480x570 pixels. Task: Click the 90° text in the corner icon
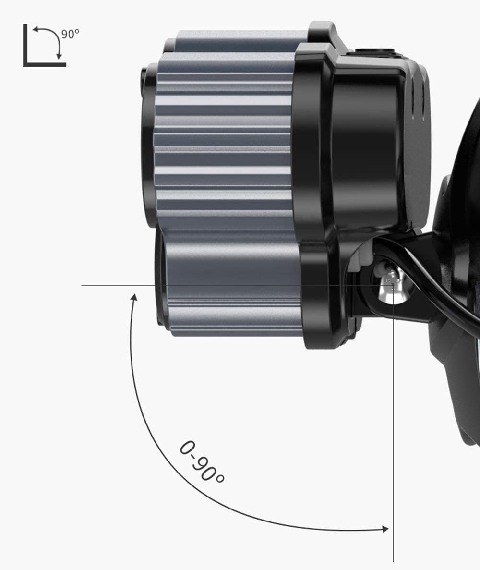[x=70, y=34]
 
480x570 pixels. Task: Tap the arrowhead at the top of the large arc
[x=134, y=297]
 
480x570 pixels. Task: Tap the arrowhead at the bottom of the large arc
[x=385, y=529]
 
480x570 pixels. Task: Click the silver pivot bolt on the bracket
[x=392, y=287]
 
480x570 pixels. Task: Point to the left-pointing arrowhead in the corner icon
[x=36, y=29]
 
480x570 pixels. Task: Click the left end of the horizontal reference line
[x=82, y=285]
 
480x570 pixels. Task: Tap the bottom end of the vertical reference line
[x=393, y=561]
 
